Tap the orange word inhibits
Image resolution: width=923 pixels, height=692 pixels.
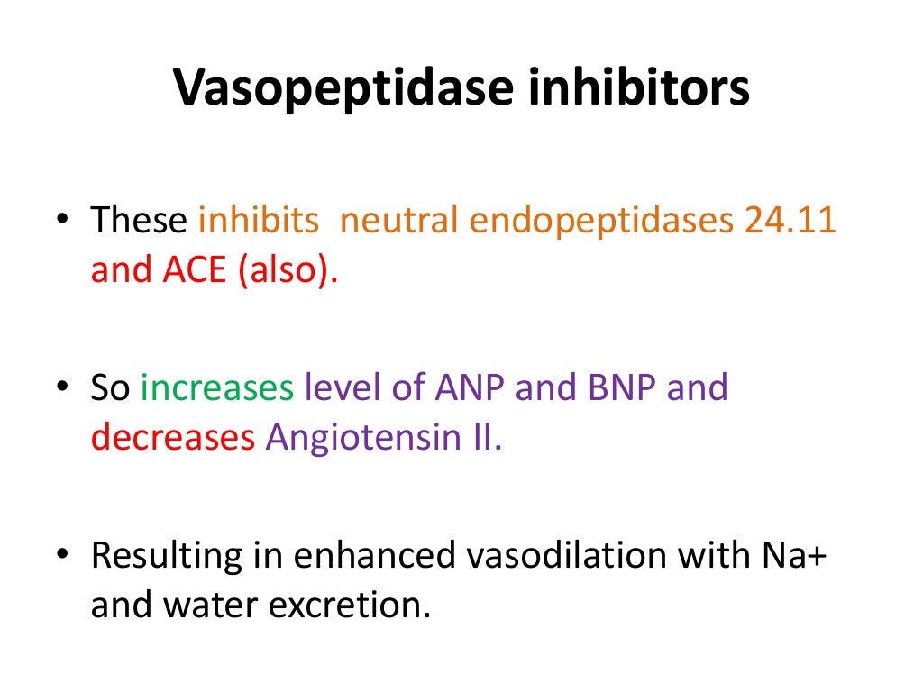(x=259, y=221)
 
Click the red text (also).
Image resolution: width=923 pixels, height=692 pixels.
(x=287, y=269)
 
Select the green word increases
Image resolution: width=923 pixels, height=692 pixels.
(x=217, y=387)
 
